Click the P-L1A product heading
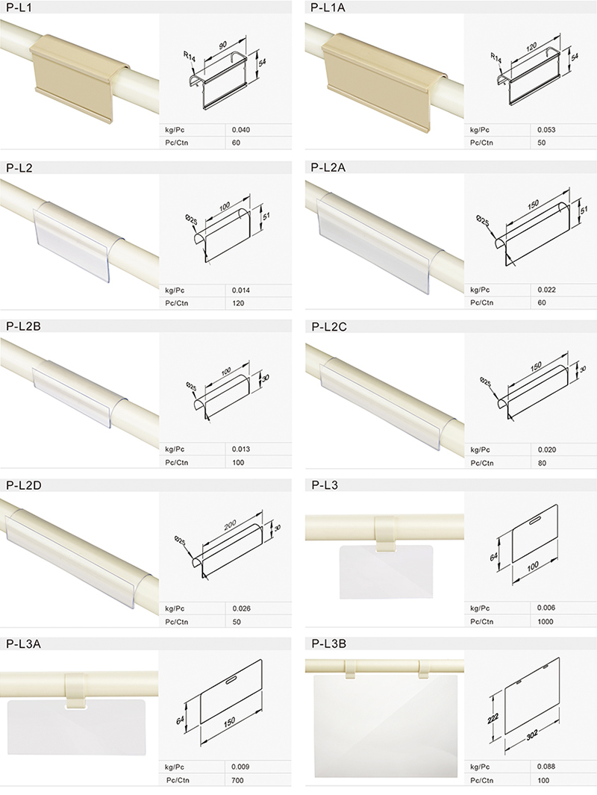[x=328, y=7]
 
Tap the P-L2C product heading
[x=329, y=327]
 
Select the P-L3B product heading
[x=328, y=644]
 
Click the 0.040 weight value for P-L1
[x=241, y=130]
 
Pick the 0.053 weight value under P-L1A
[x=546, y=130]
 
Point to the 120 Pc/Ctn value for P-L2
[x=238, y=303]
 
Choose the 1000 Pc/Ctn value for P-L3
[x=546, y=622]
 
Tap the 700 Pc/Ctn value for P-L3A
[x=238, y=780]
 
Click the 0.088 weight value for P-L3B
[x=546, y=767]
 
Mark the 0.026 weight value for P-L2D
[x=241, y=608]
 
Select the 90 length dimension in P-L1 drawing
[x=223, y=46]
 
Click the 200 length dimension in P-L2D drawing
[x=230, y=525]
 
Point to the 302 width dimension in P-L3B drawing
[x=532, y=735]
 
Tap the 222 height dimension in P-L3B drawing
[x=493, y=718]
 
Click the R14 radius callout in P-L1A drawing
[x=495, y=57]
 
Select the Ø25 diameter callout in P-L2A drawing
[x=483, y=220]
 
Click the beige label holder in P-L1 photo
[x=76, y=76]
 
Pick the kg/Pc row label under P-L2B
[x=175, y=449]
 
